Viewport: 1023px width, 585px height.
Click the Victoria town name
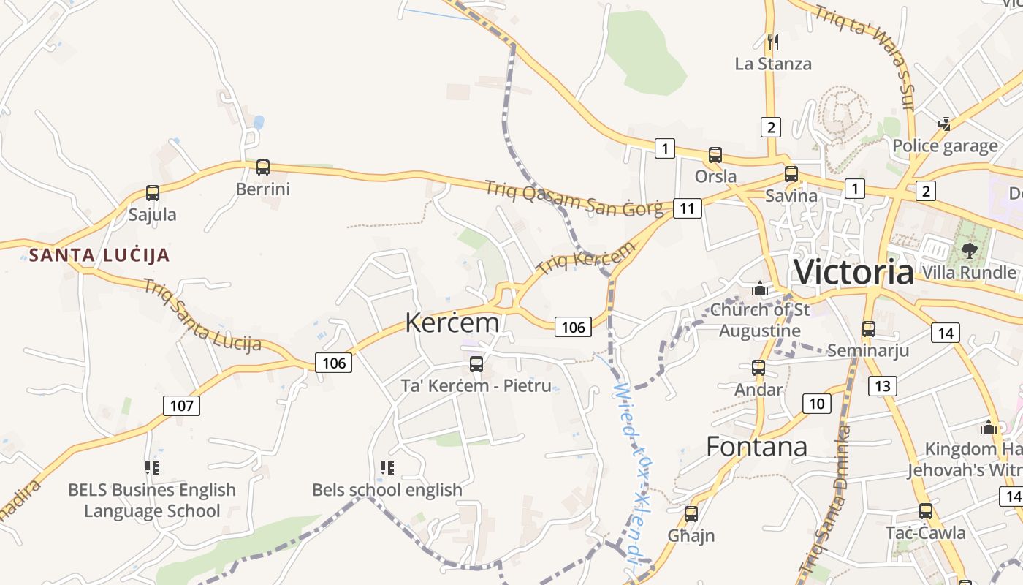[853, 272]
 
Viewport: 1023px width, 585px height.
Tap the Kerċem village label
[452, 322]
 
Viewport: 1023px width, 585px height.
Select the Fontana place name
[756, 446]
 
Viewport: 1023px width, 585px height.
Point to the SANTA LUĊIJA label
[99, 255]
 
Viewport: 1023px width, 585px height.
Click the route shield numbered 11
[687, 208]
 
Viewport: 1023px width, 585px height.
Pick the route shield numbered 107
[180, 405]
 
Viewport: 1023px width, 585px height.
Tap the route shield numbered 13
[883, 385]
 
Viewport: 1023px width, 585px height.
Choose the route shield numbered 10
[816, 403]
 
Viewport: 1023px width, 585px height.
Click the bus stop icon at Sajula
[153, 193]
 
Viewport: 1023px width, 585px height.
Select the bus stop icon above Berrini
[263, 167]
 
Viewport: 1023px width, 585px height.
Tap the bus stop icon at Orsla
[715, 155]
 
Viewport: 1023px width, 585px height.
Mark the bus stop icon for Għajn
[691, 514]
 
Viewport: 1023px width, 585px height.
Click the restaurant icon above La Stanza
[773, 42]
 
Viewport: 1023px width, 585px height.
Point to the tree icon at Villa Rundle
[969, 251]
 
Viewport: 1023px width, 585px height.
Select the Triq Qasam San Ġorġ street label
[574, 198]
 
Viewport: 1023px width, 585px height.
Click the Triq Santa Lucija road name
[202, 316]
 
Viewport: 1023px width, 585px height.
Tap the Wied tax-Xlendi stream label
[630, 475]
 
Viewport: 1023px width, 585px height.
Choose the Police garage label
[945, 146]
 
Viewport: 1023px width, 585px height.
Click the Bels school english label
[387, 489]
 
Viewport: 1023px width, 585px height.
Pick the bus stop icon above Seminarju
[868, 329]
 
